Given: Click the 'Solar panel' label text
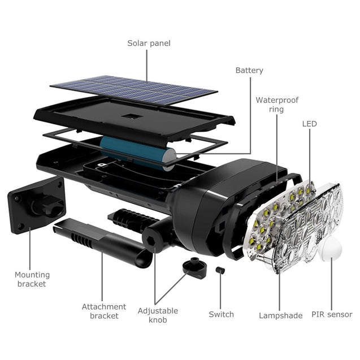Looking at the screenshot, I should (x=149, y=43).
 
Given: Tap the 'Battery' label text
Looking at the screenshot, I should (x=249, y=71).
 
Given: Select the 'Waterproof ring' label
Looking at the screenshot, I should (x=276, y=105).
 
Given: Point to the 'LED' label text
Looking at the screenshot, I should (x=309, y=124).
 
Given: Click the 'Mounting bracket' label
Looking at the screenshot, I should (x=32, y=279).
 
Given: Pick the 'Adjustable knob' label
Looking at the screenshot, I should (x=158, y=315).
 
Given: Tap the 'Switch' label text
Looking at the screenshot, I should (x=221, y=314).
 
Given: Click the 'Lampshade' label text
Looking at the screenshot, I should (x=280, y=315).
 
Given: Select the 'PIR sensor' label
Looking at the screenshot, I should (x=332, y=315).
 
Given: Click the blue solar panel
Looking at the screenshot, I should (x=134, y=90).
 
